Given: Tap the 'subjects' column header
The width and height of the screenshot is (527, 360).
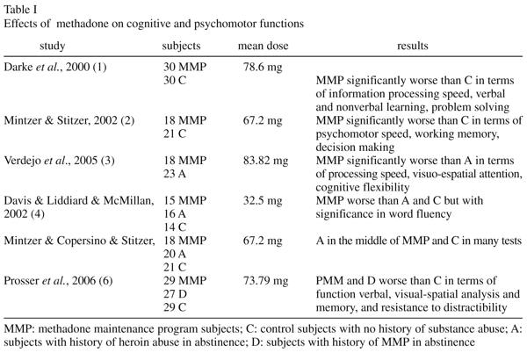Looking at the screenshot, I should (183, 43).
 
